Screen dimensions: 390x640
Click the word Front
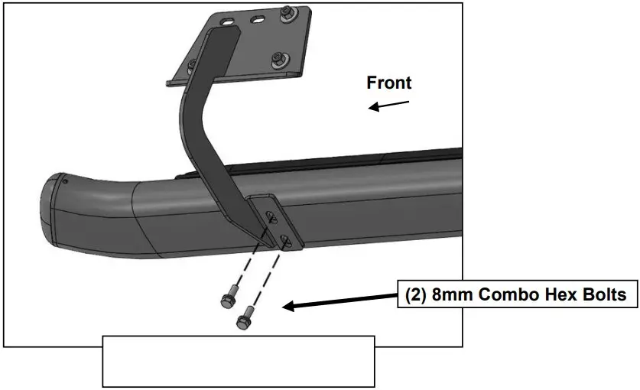coord(388,83)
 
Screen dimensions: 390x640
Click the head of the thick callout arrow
coord(289,307)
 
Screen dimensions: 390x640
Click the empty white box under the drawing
coord(238,360)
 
